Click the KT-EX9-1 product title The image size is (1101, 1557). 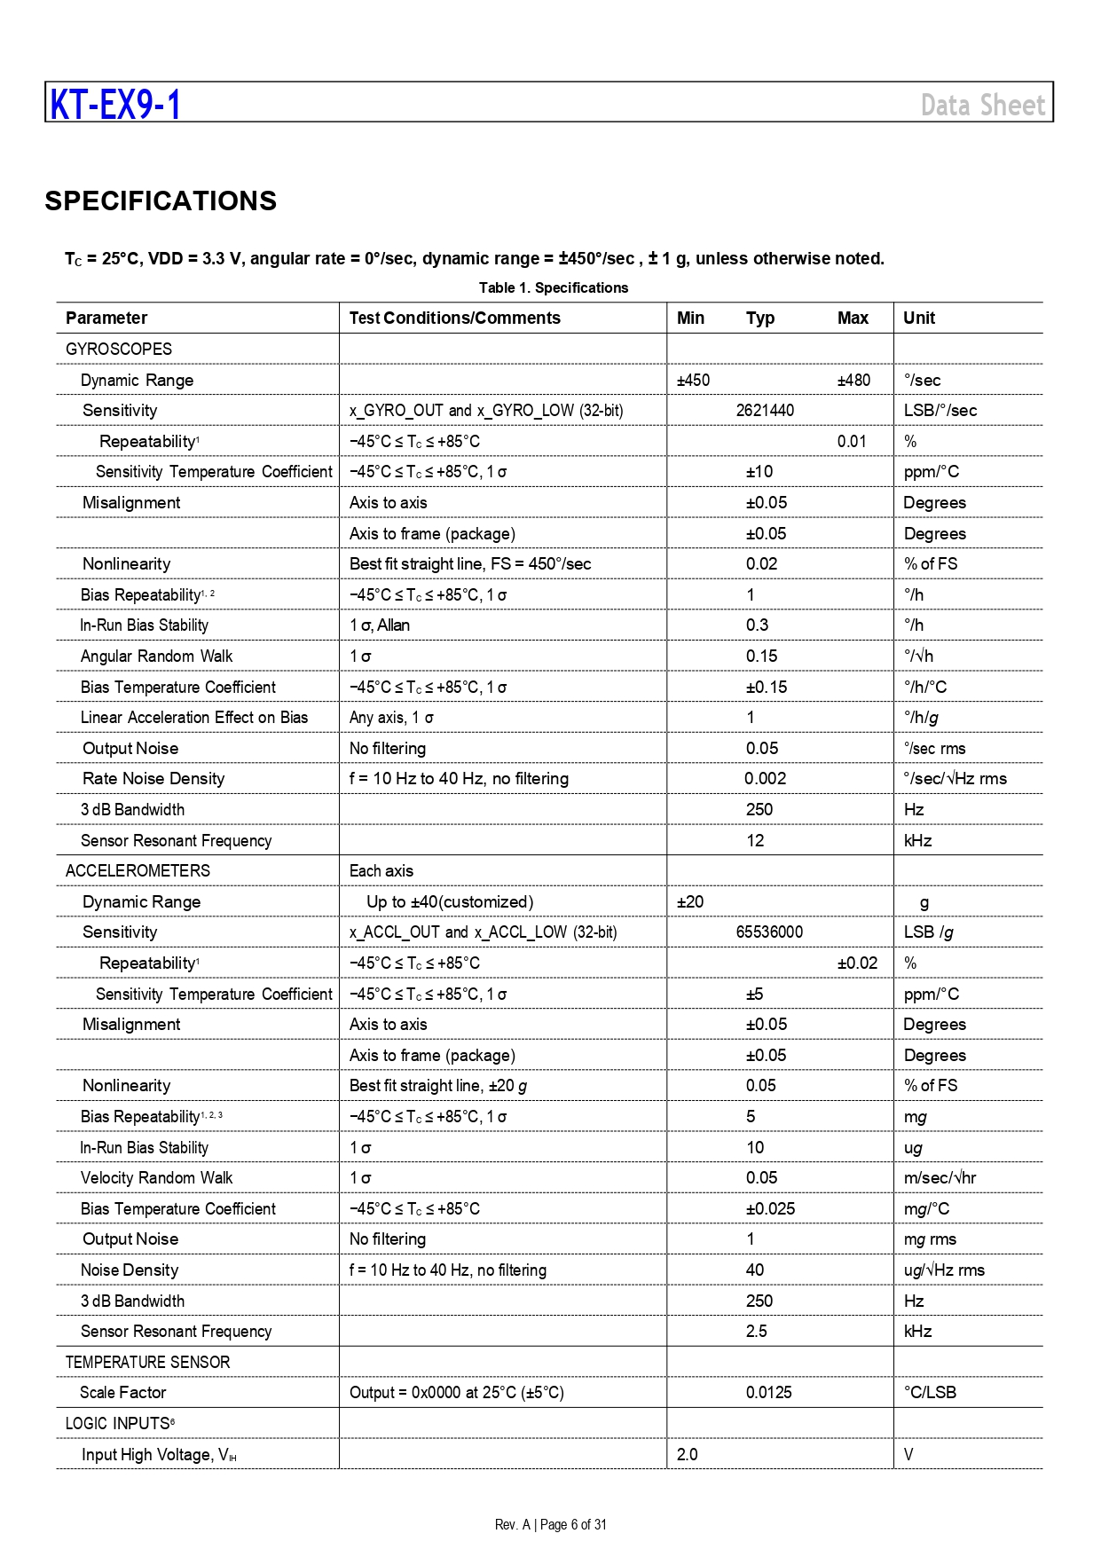click(x=115, y=105)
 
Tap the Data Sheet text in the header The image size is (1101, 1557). click(x=983, y=106)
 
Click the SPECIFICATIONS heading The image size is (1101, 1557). click(x=161, y=201)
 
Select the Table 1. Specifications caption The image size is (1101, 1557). click(x=553, y=287)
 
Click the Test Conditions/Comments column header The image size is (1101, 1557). click(x=454, y=318)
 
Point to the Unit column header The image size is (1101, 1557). click(x=918, y=318)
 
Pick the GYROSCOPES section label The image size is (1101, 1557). click(x=119, y=349)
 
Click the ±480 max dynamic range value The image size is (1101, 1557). click(x=853, y=380)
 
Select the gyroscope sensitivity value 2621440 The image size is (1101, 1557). click(x=765, y=410)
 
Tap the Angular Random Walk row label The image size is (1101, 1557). click(x=156, y=656)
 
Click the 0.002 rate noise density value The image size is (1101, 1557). click(x=765, y=778)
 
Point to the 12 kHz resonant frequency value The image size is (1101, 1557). click(x=755, y=840)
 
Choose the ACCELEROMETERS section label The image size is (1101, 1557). click(x=138, y=870)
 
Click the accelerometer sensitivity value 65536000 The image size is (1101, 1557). click(x=769, y=932)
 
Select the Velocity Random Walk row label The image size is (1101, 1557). click(x=156, y=1177)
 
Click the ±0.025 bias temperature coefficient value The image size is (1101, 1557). click(x=770, y=1208)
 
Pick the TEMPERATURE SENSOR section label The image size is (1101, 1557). click(x=147, y=1362)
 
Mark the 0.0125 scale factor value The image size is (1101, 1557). click(x=768, y=1392)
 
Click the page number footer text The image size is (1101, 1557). click(x=551, y=1524)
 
